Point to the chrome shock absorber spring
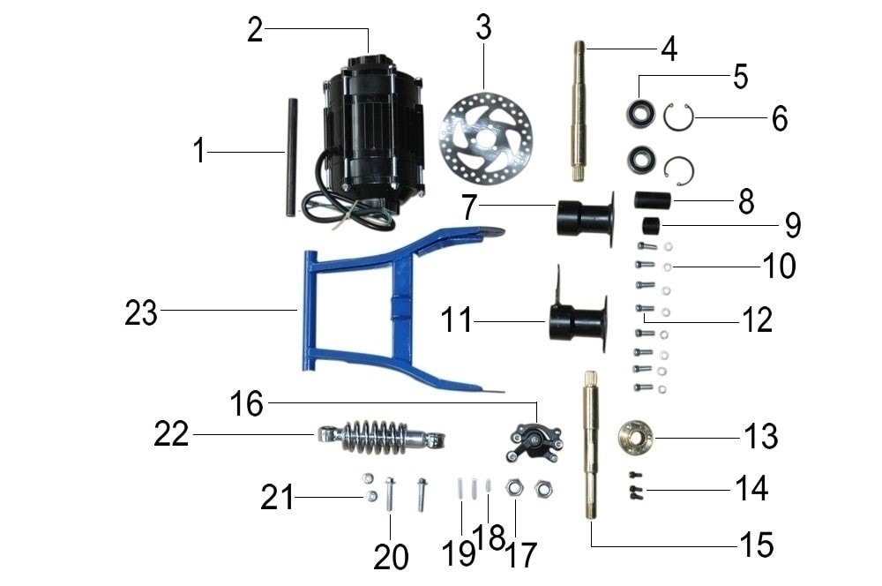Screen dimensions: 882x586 click(381, 437)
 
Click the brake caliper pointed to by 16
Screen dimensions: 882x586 click(535, 441)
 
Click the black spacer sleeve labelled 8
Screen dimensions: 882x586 click(653, 200)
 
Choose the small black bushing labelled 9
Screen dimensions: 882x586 click(652, 227)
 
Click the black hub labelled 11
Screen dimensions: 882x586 click(579, 322)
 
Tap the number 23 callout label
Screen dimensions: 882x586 click(141, 312)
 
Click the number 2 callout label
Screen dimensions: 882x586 click(255, 30)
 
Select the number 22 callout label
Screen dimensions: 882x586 click(171, 434)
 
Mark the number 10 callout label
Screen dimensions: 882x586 click(779, 266)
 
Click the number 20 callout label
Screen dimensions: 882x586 click(391, 557)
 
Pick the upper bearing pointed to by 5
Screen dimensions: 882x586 click(641, 113)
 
